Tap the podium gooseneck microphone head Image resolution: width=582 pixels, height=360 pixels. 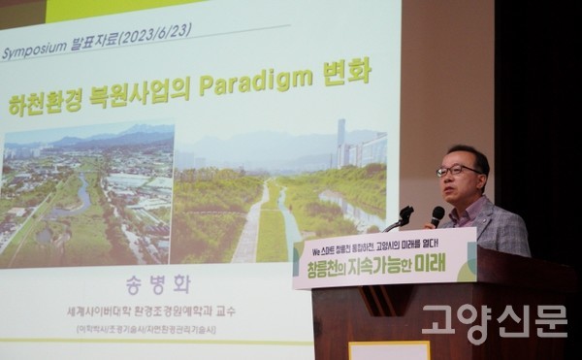click(404, 213)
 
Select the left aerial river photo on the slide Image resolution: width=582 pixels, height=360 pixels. click(87, 194)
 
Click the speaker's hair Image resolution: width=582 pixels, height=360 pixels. click(464, 152)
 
